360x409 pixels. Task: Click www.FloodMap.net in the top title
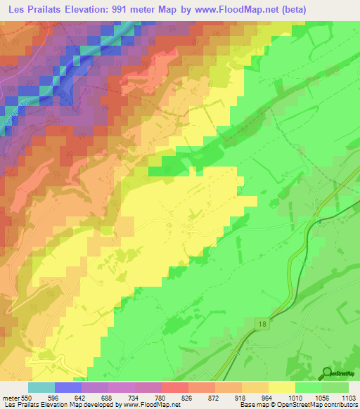[x=272, y=9]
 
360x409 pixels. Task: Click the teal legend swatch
[x=41, y=387]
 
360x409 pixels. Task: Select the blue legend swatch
[x=68, y=387]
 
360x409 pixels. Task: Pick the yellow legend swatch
[x=282, y=387]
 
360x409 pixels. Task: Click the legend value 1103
[x=349, y=398]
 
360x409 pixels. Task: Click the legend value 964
[x=268, y=398]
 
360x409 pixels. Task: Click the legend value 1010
[x=295, y=398]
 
